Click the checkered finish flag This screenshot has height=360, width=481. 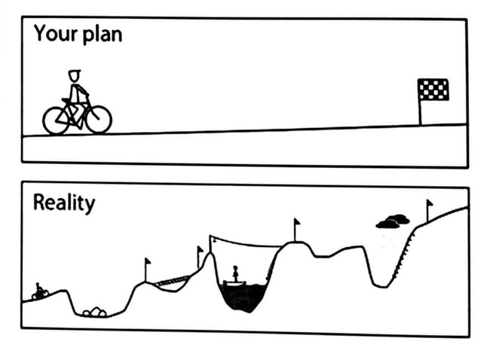[x=433, y=89]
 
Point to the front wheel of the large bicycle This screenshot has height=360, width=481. [x=98, y=119]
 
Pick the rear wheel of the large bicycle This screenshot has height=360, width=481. [x=56, y=120]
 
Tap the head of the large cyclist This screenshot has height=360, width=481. [x=74, y=75]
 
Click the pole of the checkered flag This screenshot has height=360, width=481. [x=420, y=111]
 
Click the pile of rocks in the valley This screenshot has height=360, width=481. [x=95, y=311]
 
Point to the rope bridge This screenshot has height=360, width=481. [x=172, y=280]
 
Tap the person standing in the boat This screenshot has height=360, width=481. [x=234, y=272]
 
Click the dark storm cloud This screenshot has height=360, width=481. [x=393, y=221]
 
